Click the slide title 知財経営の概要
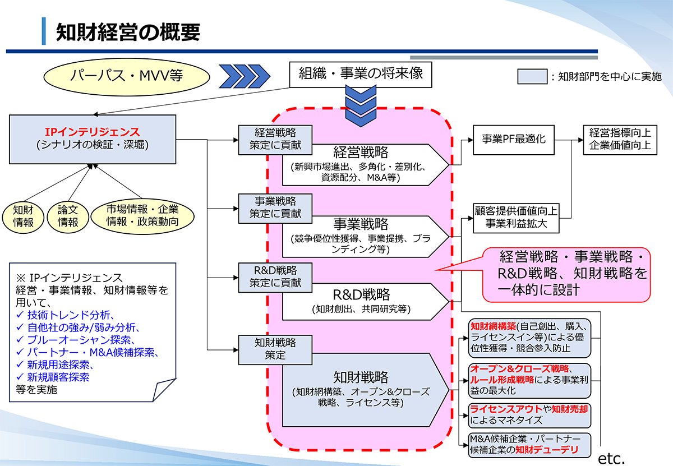point(128,33)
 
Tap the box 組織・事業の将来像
point(361,73)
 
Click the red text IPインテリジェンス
point(93,132)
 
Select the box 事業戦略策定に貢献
point(275,206)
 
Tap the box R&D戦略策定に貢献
point(275,276)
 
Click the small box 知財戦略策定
point(275,348)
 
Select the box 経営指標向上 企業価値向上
point(620,139)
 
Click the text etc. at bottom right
point(611,457)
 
